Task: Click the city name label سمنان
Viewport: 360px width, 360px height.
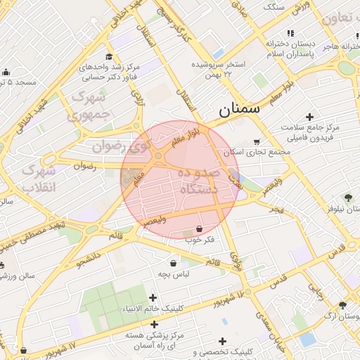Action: point(239,109)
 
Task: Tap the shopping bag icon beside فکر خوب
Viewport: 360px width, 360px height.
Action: point(200,229)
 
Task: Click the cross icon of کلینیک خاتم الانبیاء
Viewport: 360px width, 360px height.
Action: point(153,298)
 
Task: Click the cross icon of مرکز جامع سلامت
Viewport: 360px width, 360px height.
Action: point(309,116)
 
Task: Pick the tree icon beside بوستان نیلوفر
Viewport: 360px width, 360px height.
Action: point(347,198)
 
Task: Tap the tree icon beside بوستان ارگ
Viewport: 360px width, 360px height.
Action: point(342,304)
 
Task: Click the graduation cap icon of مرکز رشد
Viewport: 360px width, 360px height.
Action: point(109,57)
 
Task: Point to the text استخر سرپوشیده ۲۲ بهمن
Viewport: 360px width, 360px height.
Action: point(218,69)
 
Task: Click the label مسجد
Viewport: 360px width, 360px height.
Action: point(21,82)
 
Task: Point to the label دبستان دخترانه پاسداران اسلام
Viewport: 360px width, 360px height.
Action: point(288,49)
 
